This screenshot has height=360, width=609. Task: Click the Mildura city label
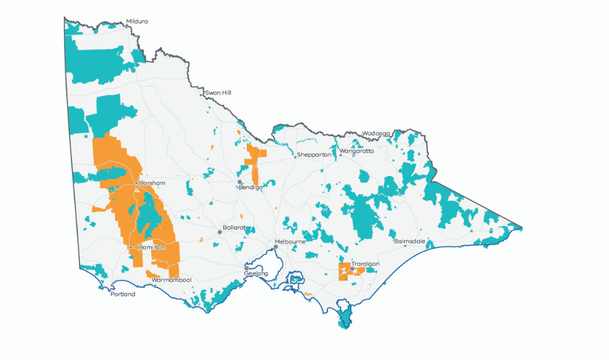pyautogui.click(x=137, y=22)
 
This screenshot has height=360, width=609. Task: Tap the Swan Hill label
pyautogui.click(x=218, y=93)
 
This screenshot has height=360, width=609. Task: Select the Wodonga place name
pyautogui.click(x=376, y=133)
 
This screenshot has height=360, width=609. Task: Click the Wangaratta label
pyautogui.click(x=358, y=151)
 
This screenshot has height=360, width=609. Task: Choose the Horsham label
pyautogui.click(x=152, y=183)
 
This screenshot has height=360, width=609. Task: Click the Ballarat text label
pyautogui.click(x=234, y=227)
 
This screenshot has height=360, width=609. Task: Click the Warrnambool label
pyautogui.click(x=171, y=280)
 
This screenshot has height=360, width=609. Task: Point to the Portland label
pyautogui.click(x=122, y=295)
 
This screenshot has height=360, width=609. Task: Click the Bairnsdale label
pyautogui.click(x=409, y=241)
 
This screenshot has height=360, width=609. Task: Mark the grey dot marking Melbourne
pyautogui.click(x=276, y=247)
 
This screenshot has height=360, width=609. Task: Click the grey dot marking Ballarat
pyautogui.click(x=220, y=232)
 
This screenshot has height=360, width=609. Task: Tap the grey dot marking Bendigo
pyautogui.click(x=240, y=182)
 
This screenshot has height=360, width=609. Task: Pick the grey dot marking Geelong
pyautogui.click(x=247, y=268)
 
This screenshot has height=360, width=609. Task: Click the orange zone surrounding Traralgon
pyautogui.click(x=343, y=274)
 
